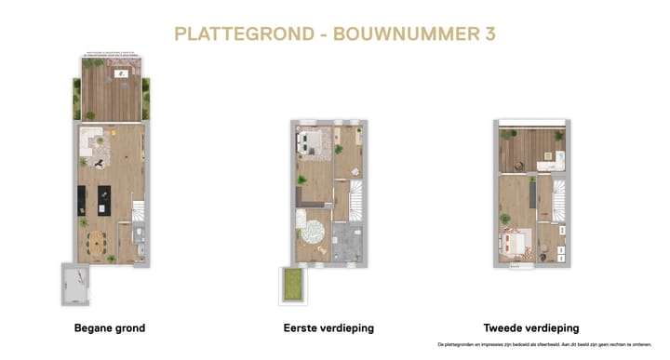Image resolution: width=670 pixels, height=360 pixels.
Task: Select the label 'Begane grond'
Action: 109,328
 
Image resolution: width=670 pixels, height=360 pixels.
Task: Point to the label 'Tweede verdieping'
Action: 531,328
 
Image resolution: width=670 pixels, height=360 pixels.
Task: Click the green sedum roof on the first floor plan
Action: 293,284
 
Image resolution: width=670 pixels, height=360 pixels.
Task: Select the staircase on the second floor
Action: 556,199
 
